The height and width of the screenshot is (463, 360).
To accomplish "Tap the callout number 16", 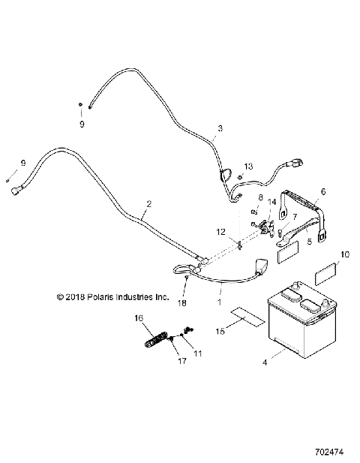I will click(x=138, y=318).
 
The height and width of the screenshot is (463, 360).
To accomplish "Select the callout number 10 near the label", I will click(x=344, y=254).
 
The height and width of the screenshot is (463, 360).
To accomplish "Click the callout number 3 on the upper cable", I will click(x=220, y=128).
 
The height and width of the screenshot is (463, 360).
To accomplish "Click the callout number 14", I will click(x=272, y=202).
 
